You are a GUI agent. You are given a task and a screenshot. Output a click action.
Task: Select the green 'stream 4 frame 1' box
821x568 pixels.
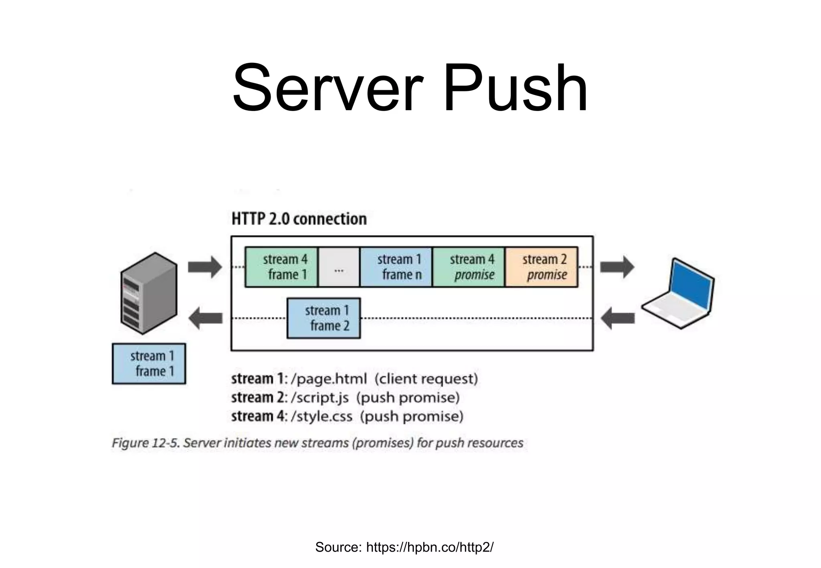click(x=281, y=267)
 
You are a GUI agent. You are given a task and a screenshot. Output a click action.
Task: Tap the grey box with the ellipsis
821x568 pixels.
click(x=339, y=267)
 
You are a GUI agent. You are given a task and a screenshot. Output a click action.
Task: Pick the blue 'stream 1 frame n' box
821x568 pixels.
click(x=396, y=267)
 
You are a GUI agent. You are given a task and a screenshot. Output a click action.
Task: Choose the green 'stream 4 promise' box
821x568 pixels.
click(x=469, y=267)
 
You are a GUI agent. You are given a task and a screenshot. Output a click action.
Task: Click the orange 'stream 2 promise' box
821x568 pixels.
click(x=542, y=267)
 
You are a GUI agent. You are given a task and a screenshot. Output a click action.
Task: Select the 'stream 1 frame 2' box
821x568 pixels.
click(x=324, y=318)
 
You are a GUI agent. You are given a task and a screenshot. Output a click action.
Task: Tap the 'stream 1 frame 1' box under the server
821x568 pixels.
click(x=149, y=364)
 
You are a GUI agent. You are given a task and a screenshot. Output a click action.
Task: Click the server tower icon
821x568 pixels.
click(x=149, y=293)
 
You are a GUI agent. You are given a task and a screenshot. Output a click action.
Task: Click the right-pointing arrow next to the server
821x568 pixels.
click(x=205, y=267)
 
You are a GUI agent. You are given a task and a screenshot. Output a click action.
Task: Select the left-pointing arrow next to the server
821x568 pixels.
click(x=205, y=318)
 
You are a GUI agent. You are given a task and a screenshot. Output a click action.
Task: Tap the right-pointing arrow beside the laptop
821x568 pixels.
click(x=617, y=267)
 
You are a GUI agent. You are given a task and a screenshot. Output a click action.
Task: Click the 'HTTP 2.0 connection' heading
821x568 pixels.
click(x=299, y=219)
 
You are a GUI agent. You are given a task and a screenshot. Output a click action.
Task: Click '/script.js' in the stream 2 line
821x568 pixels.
click(x=320, y=398)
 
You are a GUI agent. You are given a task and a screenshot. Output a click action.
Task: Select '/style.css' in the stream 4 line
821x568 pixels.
click(x=322, y=417)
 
